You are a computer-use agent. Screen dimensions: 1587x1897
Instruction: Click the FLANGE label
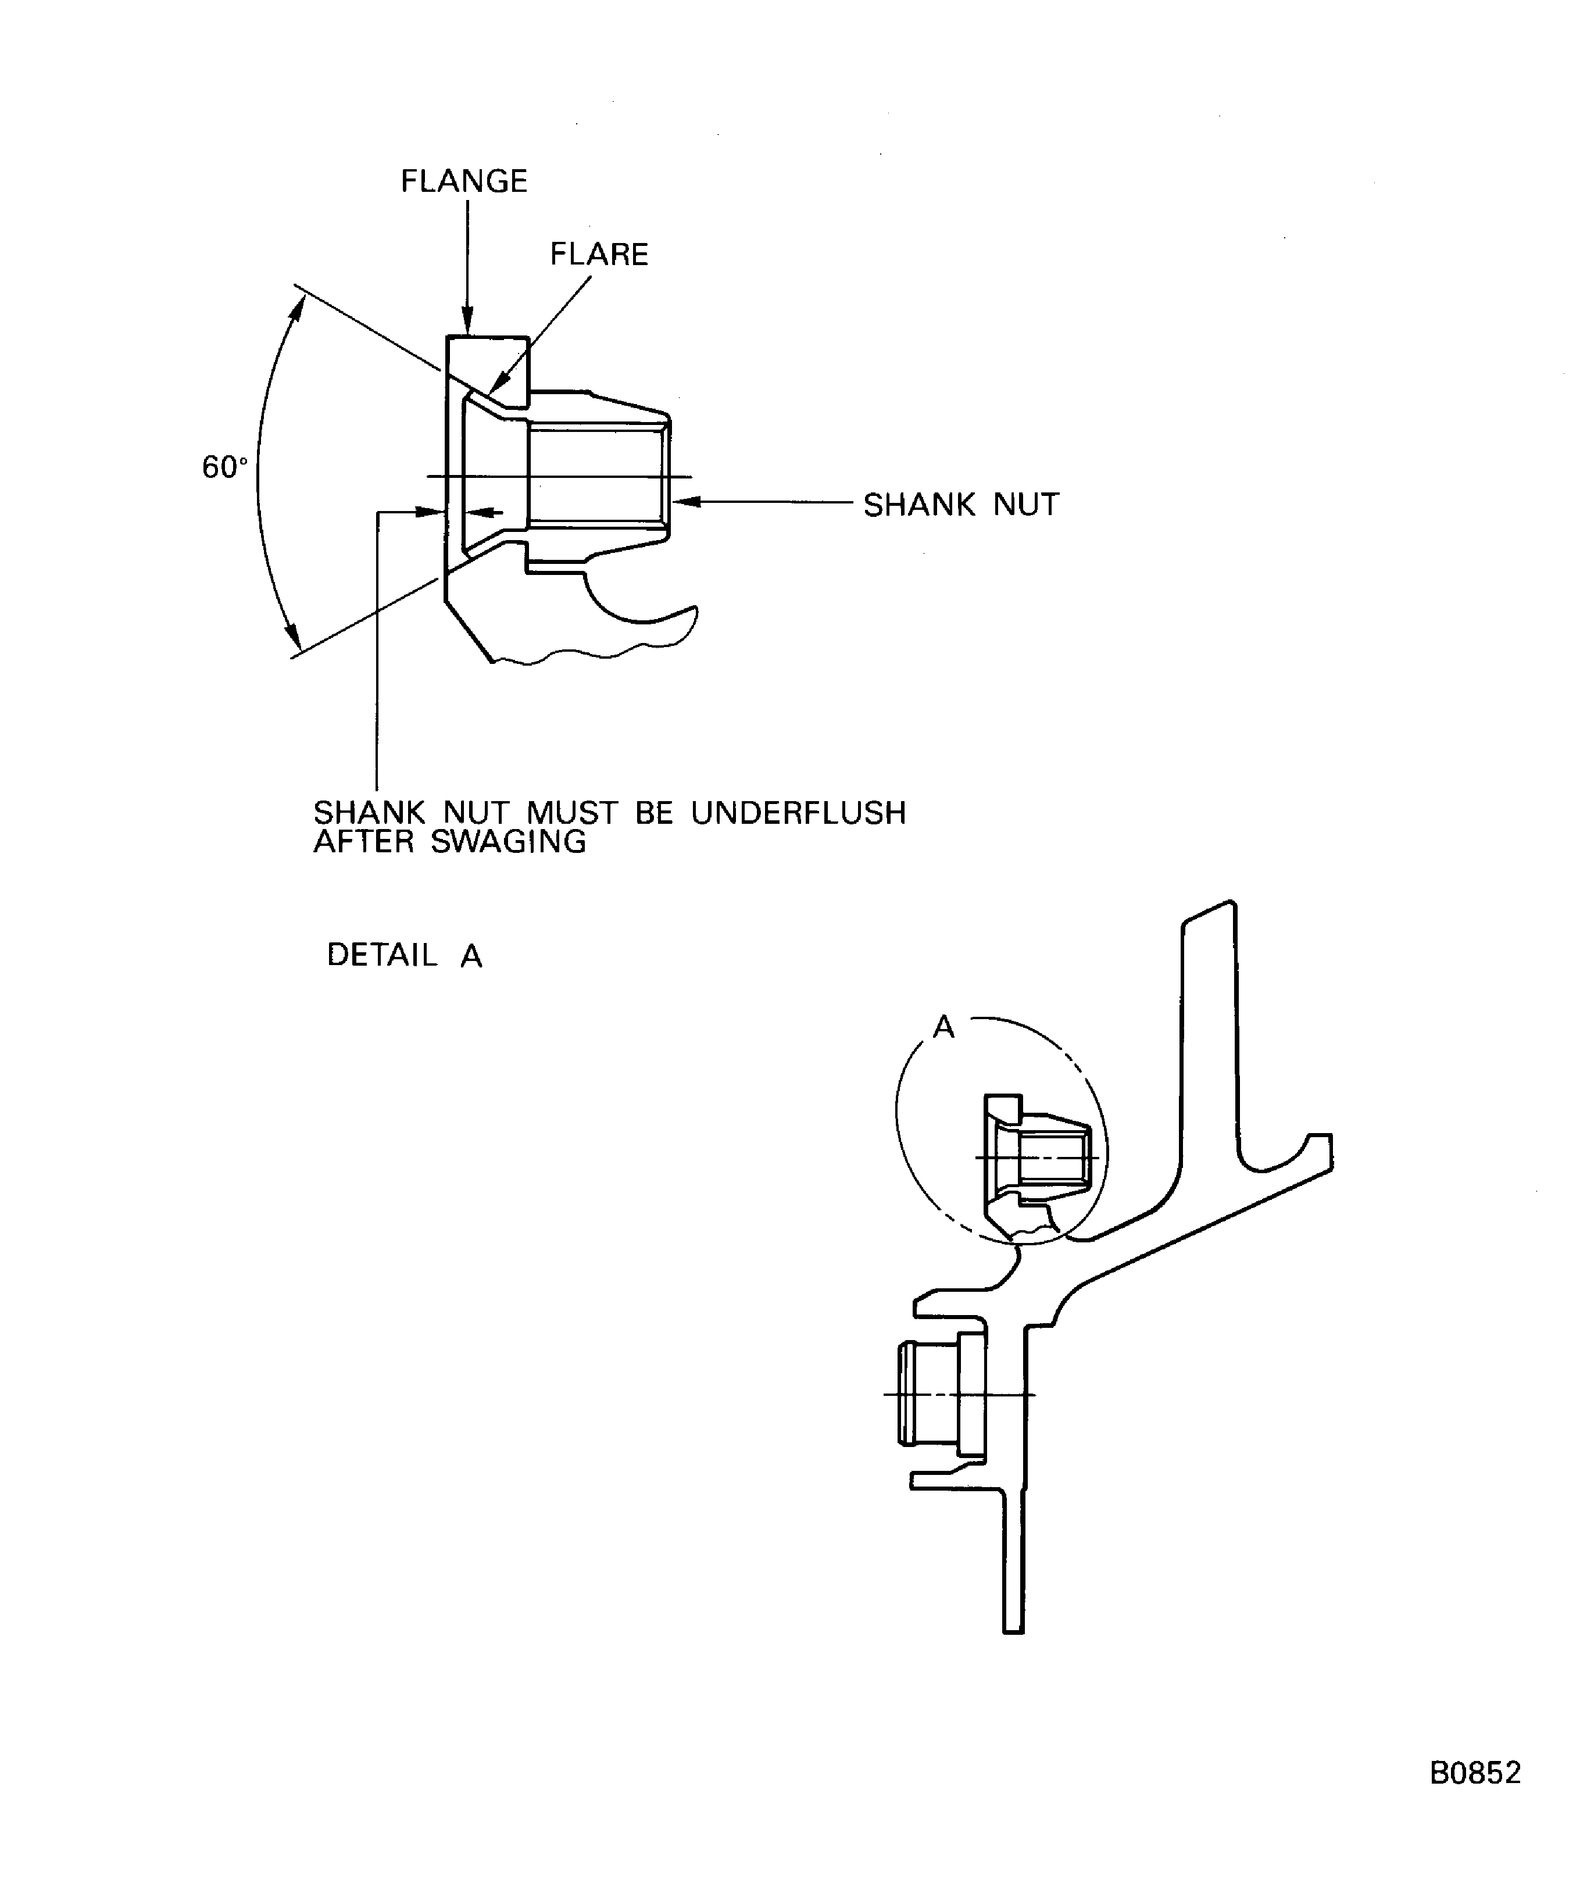(x=464, y=181)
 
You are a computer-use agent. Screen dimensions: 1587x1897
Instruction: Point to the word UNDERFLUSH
(x=799, y=813)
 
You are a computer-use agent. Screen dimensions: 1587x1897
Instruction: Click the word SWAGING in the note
(x=509, y=842)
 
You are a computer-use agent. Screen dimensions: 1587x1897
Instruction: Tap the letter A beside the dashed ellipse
(x=944, y=1027)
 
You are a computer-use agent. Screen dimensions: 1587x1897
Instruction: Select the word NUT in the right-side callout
(x=1026, y=505)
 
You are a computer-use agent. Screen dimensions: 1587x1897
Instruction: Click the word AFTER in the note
(x=363, y=842)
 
